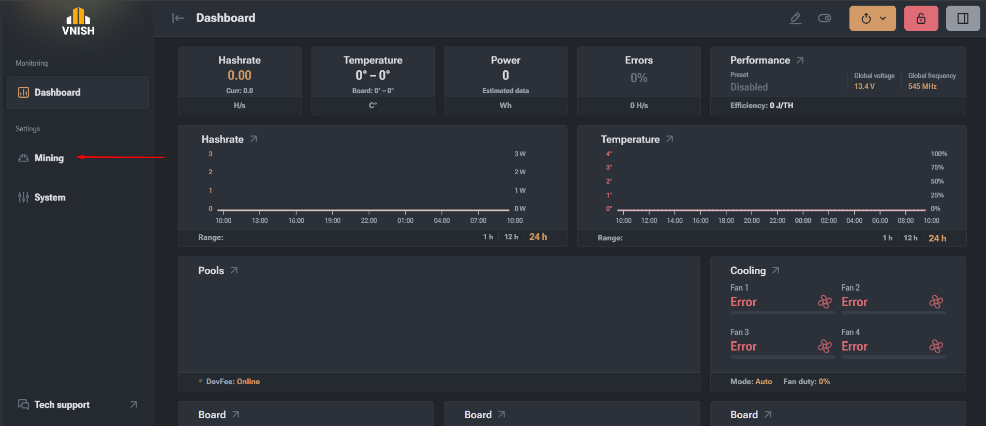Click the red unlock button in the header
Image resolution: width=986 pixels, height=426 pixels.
921,19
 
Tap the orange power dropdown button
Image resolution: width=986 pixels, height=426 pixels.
873,19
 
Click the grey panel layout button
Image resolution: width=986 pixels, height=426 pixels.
963,19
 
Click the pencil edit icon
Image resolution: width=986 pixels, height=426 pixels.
796,19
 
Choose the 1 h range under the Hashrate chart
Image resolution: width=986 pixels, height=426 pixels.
488,237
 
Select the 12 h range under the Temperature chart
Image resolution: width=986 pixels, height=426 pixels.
910,238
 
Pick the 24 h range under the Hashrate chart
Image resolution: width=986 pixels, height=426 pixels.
538,237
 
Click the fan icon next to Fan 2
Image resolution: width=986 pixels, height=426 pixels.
936,301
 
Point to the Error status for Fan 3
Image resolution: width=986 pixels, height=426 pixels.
743,346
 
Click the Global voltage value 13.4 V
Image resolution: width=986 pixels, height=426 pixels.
864,86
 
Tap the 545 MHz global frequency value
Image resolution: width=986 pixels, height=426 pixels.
922,86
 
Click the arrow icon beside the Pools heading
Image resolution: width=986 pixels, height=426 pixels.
234,270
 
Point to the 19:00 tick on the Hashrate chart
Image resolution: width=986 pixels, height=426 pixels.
333,221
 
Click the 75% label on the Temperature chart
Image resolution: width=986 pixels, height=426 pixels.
937,168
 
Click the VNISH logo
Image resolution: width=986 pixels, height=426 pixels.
78,22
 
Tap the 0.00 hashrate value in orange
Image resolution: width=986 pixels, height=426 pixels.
240,75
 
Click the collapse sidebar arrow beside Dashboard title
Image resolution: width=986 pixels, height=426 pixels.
178,19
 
